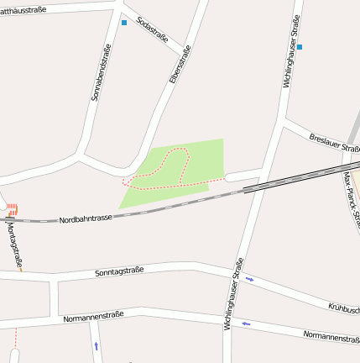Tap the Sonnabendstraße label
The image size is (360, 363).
point(101,74)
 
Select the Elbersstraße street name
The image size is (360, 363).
point(180,64)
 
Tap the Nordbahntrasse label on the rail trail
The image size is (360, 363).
point(86,218)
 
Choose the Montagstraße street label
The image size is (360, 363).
point(13,245)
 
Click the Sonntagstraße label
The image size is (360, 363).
point(119,271)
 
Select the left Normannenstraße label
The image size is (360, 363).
point(93,317)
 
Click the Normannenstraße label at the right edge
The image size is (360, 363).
point(331,336)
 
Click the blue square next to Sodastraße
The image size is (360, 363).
point(124,22)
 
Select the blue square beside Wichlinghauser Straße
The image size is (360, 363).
point(299,47)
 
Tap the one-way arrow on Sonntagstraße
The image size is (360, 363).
point(249,279)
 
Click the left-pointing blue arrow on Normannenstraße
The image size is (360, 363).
point(246,324)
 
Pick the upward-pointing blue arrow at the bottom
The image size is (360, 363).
point(96,345)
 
